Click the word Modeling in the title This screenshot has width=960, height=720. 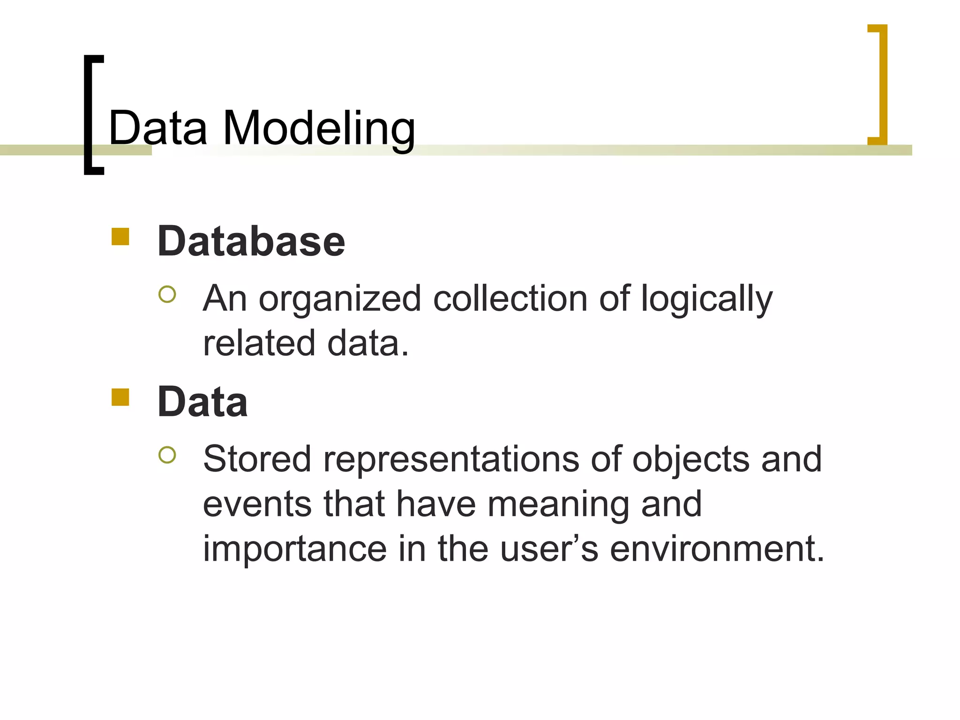[319, 128]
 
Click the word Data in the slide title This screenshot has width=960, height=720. [158, 128]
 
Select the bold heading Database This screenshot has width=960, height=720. [251, 242]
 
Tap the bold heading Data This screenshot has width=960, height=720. [202, 402]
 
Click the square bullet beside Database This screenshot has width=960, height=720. [120, 237]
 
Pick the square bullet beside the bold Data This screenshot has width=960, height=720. [120, 397]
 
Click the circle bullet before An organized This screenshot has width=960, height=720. [167, 295]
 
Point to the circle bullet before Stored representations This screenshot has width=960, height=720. [167, 455]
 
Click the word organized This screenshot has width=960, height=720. [340, 299]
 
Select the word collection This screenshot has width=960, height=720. [510, 299]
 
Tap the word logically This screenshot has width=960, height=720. [706, 299]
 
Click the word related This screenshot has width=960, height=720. [259, 344]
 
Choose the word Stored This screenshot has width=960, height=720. [257, 459]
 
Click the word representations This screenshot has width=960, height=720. [451, 459]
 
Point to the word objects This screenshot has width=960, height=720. [690, 459]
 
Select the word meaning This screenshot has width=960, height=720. [558, 504]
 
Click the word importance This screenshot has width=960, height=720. [294, 549]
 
